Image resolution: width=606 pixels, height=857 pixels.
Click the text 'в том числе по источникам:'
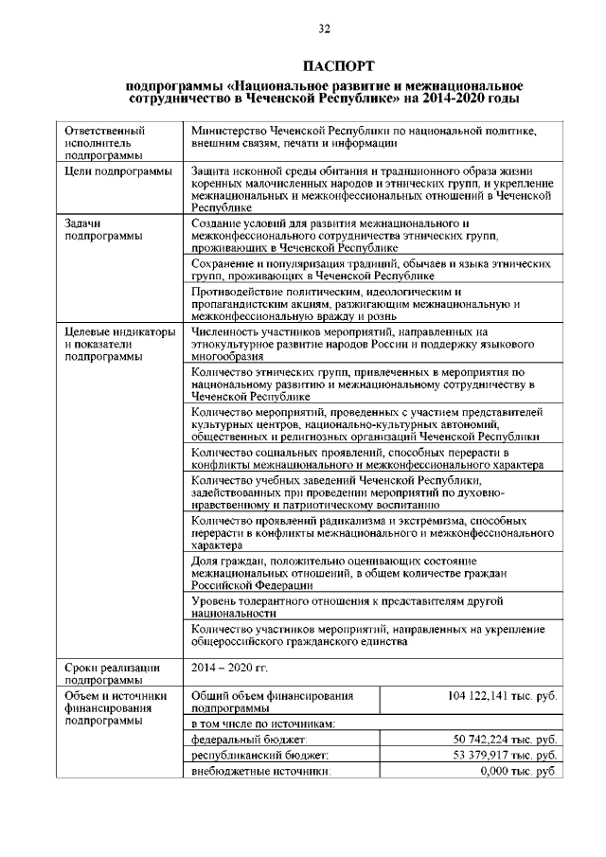(x=260, y=723)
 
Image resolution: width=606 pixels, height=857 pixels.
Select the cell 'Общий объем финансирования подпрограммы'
(x=272, y=702)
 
